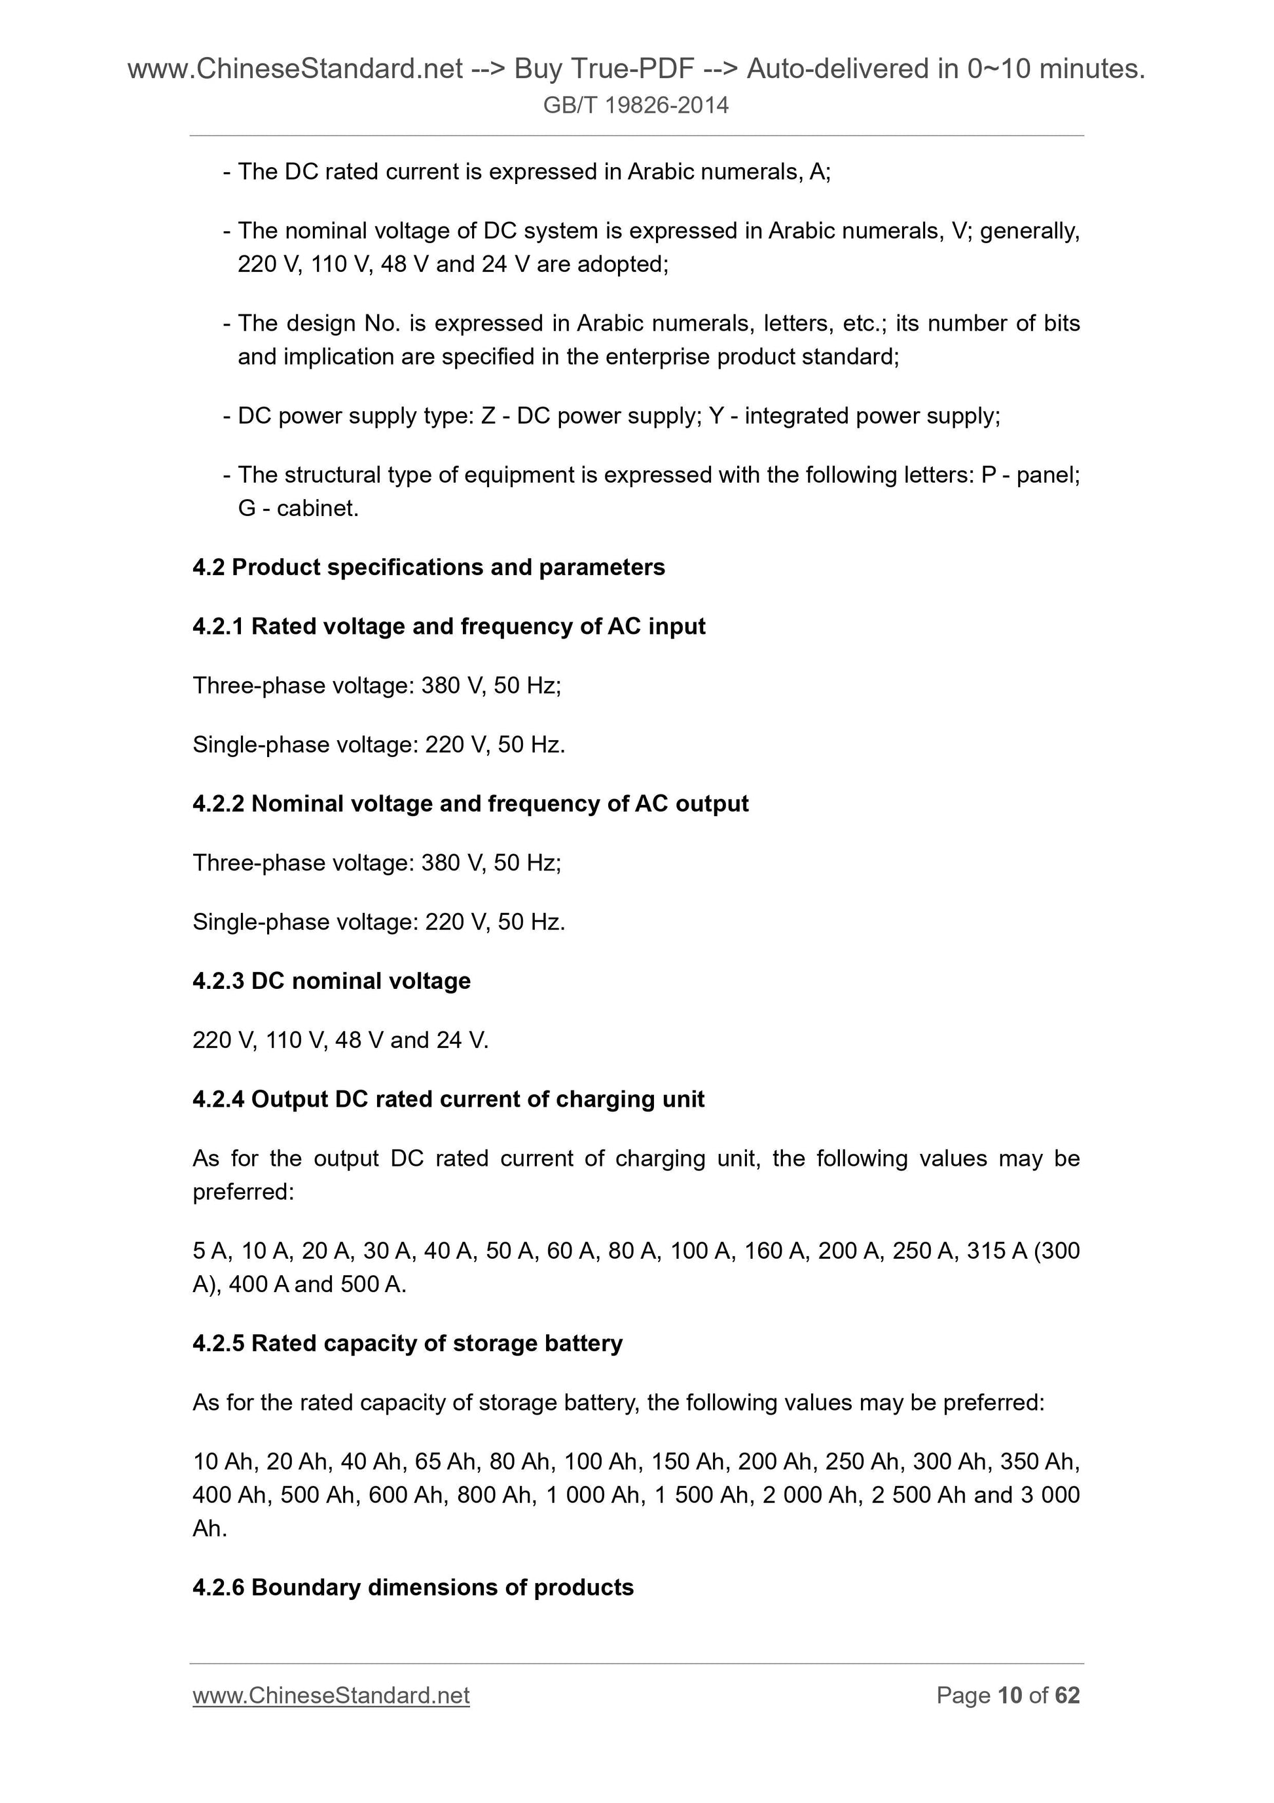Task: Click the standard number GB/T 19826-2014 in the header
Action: pos(636,105)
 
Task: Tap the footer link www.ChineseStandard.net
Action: pos(331,1696)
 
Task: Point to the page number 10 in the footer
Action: pos(1010,1696)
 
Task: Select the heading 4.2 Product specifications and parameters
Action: pos(429,567)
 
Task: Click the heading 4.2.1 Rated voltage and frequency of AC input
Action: pos(449,626)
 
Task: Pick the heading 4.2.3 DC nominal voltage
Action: pos(331,981)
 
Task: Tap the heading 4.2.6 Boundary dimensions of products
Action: pos(413,1587)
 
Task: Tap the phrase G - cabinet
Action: pos(299,509)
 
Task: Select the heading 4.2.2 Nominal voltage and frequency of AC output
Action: pos(470,804)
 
